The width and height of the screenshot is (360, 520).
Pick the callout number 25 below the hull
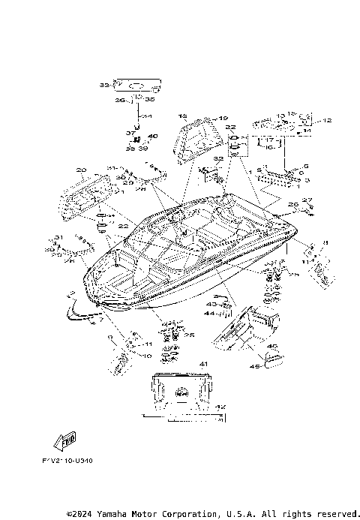(190, 334)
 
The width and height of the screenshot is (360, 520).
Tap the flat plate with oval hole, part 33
(137, 86)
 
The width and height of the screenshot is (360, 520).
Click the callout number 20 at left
(81, 170)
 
